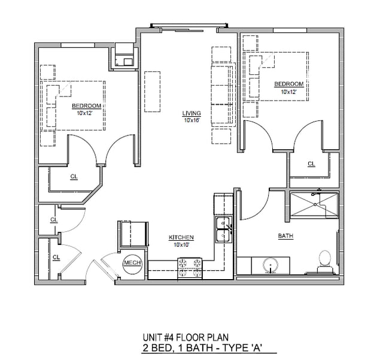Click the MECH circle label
(x=132, y=263)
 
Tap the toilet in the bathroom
(x=325, y=262)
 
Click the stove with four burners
(x=190, y=268)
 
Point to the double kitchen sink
(x=224, y=229)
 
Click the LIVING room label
(x=192, y=113)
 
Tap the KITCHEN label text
(x=181, y=237)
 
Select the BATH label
(x=285, y=235)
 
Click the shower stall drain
(x=315, y=205)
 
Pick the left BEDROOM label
(x=87, y=106)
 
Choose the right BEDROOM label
(x=289, y=84)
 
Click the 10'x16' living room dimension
(x=192, y=120)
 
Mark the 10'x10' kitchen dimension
(x=181, y=245)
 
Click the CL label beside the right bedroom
(x=311, y=164)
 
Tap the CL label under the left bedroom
(x=74, y=177)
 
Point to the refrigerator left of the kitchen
(x=134, y=234)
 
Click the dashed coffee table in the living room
(x=153, y=92)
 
